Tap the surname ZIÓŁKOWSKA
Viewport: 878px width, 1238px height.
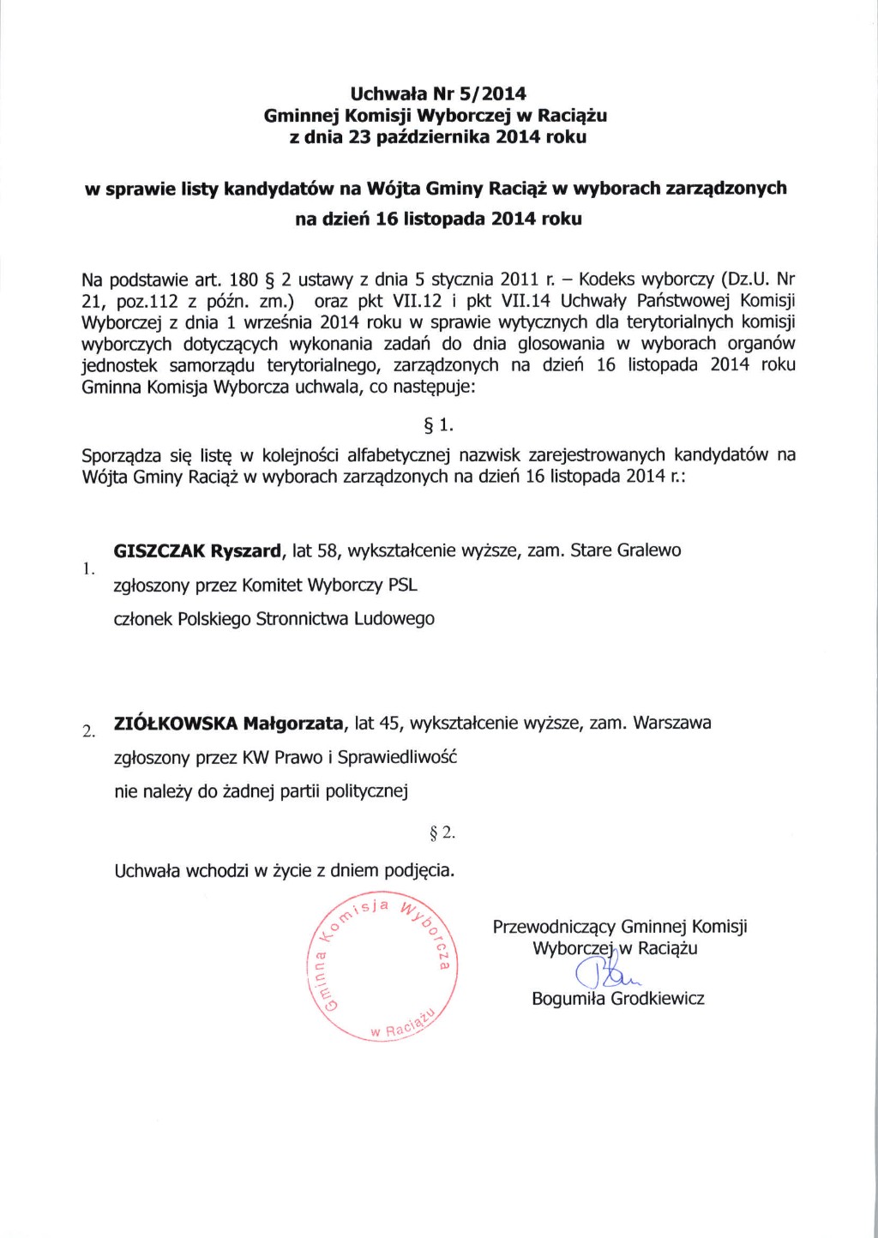pyautogui.click(x=175, y=723)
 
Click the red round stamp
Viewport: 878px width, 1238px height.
pyautogui.click(x=382, y=968)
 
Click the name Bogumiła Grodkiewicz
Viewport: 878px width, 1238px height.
pyautogui.click(x=617, y=999)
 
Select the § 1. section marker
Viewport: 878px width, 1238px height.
pyautogui.click(x=438, y=424)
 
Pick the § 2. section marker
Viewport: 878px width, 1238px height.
pyautogui.click(x=442, y=832)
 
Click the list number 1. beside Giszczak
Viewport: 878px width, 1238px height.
pyautogui.click(x=87, y=568)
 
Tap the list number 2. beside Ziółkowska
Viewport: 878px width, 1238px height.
pyautogui.click(x=88, y=731)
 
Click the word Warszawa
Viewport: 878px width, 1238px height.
pyautogui.click(x=672, y=723)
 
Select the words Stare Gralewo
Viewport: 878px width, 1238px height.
pyautogui.click(x=626, y=550)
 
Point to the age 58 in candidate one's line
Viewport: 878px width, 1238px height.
pyautogui.click(x=328, y=550)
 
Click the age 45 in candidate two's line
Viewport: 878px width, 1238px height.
pyautogui.click(x=389, y=723)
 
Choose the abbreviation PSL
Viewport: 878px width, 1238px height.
pyautogui.click(x=402, y=586)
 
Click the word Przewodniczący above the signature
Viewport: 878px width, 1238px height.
pyautogui.click(x=554, y=928)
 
